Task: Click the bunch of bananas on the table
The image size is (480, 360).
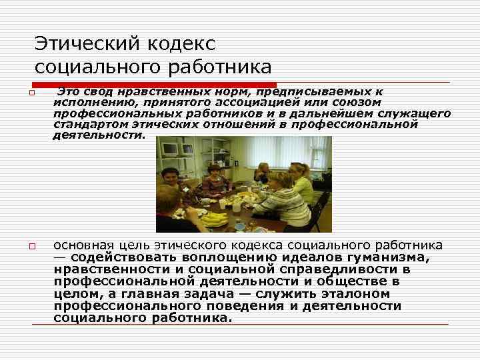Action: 211,218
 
